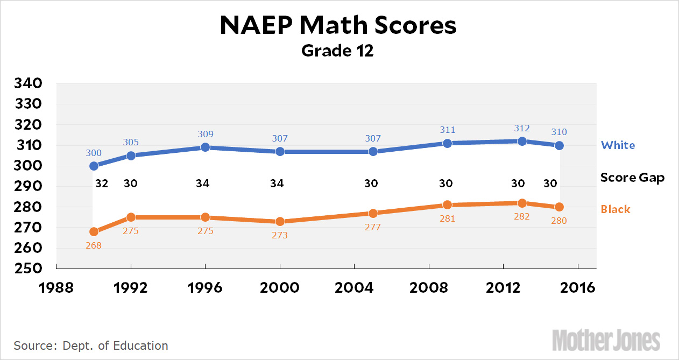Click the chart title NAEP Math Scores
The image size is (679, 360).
click(x=338, y=26)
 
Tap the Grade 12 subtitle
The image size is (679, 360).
click(x=337, y=51)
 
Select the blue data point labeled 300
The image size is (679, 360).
click(x=94, y=166)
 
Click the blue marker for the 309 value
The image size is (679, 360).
click(x=205, y=147)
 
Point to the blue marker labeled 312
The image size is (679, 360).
click(x=521, y=141)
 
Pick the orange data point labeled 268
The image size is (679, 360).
click(x=94, y=232)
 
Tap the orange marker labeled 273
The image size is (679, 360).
click(x=280, y=221)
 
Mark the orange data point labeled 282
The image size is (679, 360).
click(x=521, y=203)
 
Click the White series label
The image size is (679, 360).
click(x=618, y=145)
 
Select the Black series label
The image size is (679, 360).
click(x=616, y=209)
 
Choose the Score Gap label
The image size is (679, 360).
click(x=632, y=178)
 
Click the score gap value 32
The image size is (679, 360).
click(x=102, y=183)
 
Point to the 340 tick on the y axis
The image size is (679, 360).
click(x=27, y=84)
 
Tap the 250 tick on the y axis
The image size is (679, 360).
click(x=27, y=268)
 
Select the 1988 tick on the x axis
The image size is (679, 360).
click(x=56, y=287)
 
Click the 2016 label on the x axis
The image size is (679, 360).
click(x=577, y=287)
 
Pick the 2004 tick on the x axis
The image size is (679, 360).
click(x=354, y=287)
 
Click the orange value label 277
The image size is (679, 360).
click(x=372, y=227)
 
